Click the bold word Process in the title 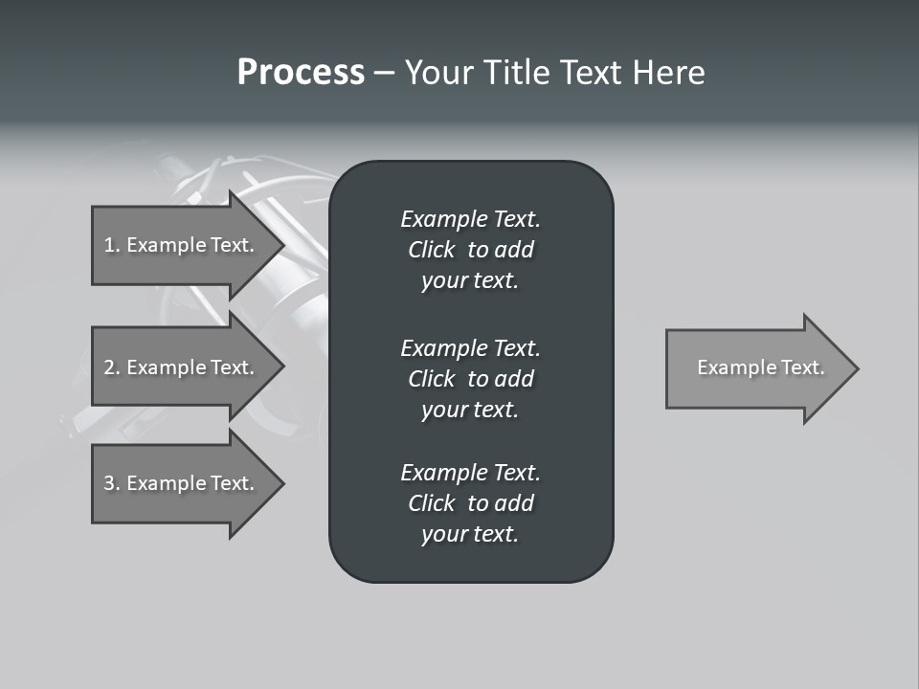[301, 73]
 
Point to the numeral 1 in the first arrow [109, 245]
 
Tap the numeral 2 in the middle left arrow [109, 367]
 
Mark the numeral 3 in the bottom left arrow [109, 483]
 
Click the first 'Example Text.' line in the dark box [470, 219]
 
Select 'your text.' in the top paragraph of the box [470, 281]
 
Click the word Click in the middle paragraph [431, 379]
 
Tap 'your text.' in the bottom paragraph [470, 535]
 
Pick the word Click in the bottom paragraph [431, 503]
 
